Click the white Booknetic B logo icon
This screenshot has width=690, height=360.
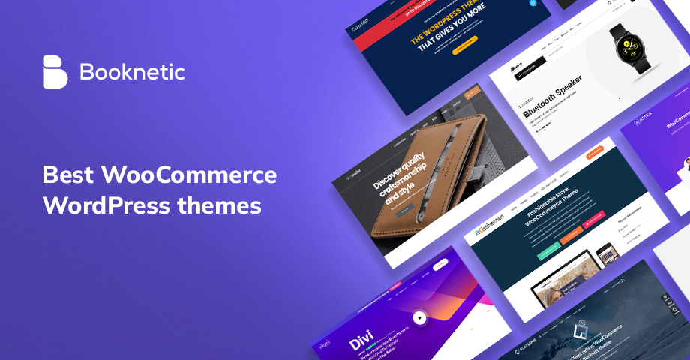click(55, 72)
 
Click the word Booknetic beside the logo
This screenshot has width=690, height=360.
click(132, 73)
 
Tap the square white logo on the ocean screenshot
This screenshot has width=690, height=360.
click(579, 328)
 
